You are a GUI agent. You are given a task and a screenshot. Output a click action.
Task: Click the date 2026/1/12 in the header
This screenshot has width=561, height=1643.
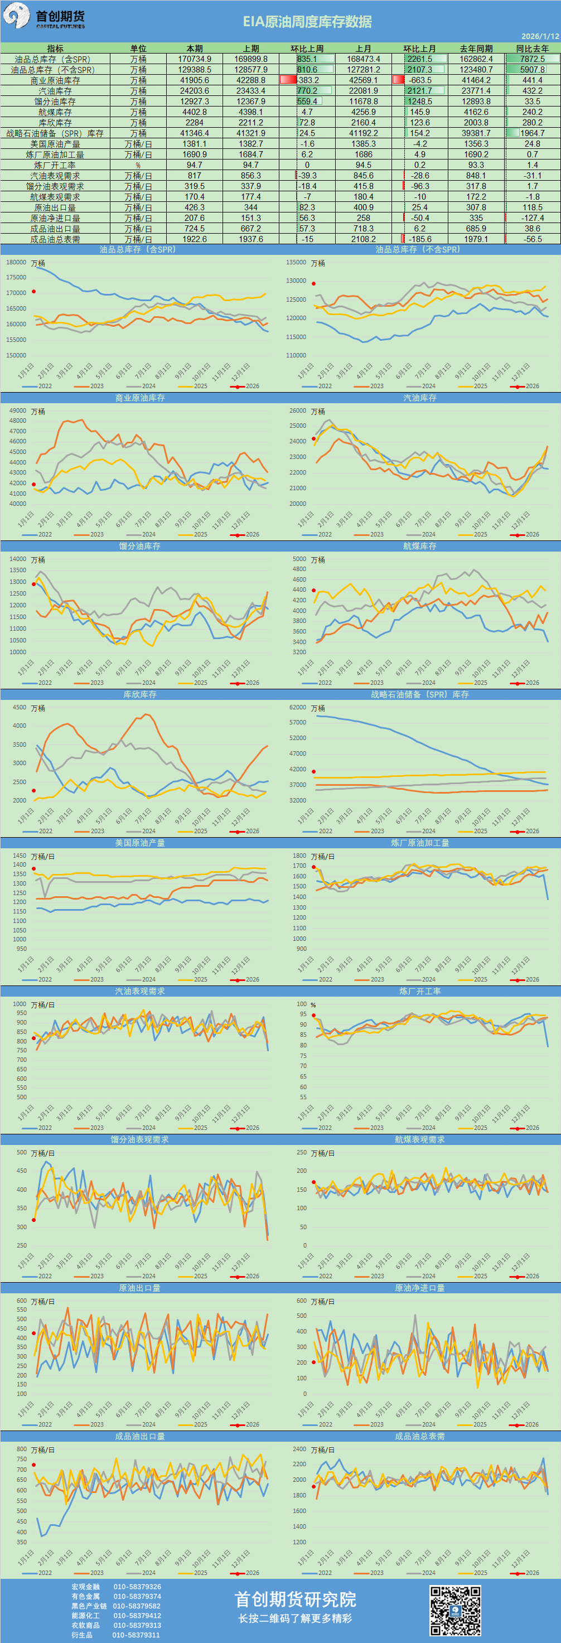pos(540,36)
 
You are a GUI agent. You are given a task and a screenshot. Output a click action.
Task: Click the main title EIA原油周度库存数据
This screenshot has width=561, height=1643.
pos(307,22)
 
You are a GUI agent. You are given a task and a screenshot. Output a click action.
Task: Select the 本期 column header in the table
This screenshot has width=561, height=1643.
pos(195,49)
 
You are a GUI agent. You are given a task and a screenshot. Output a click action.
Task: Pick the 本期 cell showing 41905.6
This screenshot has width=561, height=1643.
pos(195,80)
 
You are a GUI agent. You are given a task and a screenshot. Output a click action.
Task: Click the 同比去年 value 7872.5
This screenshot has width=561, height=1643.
pos(533,59)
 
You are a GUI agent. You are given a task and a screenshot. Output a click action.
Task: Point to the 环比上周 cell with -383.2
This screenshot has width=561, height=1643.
pos(308,80)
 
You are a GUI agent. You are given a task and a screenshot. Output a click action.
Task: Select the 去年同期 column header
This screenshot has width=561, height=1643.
pos(476,49)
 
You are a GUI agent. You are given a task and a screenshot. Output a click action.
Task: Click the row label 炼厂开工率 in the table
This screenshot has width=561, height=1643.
pos(55,165)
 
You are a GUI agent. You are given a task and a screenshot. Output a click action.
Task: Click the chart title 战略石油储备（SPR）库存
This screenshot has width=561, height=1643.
pos(419,694)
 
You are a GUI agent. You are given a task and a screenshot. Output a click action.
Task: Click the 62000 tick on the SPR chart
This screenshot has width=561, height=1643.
pos(297,707)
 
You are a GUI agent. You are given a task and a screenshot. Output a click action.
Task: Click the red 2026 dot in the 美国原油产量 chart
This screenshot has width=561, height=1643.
pos(34,869)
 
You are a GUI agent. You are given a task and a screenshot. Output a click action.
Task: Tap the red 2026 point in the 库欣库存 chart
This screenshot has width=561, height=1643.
pos(34,791)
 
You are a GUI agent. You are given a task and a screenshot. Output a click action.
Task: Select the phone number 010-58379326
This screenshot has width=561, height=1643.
pos(137,1586)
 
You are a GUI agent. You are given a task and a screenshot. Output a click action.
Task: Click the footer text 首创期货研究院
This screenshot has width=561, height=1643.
pos(295,1599)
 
